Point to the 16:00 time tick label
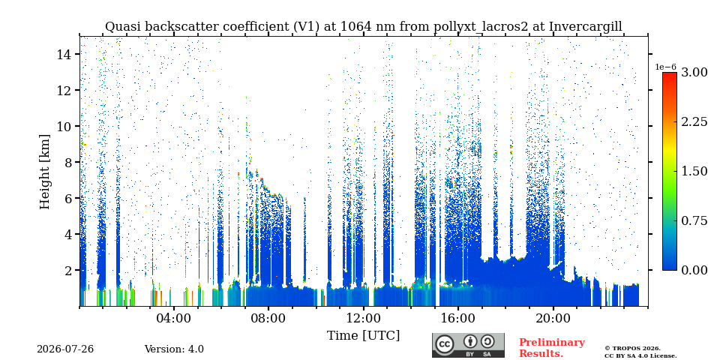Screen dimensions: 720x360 coord(457,318)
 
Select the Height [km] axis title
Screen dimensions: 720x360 coord(44,172)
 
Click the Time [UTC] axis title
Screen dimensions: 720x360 coord(363,336)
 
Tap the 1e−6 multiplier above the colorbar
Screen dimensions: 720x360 coord(665,67)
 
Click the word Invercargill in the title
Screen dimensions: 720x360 coord(586,27)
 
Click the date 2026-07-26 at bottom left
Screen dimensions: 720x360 coord(65,349)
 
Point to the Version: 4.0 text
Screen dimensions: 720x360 coord(174,349)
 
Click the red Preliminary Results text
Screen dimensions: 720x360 coord(552,348)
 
